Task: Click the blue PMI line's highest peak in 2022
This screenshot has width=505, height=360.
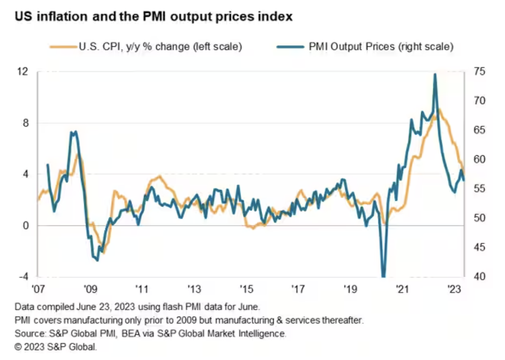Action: tap(435, 74)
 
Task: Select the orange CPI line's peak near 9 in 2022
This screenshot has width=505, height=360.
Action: tap(439, 109)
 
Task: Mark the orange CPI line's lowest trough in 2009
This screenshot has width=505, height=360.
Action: tap(104, 253)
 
